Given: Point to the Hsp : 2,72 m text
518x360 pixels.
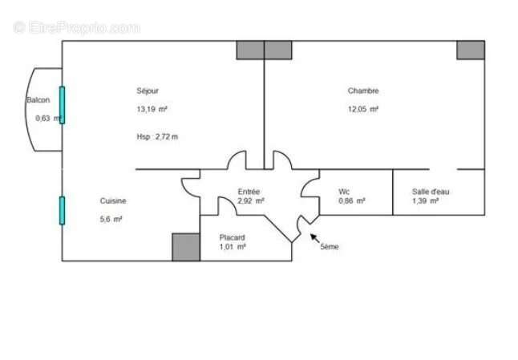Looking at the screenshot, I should click(x=157, y=137).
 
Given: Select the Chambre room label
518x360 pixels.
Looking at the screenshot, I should click(x=362, y=91).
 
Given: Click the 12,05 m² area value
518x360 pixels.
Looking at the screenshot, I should click(x=362, y=109).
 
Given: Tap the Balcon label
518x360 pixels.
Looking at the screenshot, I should click(x=38, y=100).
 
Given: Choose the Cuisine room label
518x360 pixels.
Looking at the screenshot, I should click(x=113, y=201).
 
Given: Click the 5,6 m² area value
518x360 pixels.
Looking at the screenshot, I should click(x=111, y=219).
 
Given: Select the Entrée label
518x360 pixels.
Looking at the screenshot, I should click(x=249, y=192).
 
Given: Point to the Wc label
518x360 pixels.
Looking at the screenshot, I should click(x=344, y=192).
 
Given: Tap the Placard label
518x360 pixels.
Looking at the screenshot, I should click(x=233, y=237).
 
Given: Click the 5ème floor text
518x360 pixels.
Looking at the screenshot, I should click(x=330, y=247).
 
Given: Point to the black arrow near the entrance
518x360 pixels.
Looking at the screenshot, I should click(x=314, y=237).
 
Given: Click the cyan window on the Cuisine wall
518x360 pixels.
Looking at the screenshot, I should click(x=62, y=210).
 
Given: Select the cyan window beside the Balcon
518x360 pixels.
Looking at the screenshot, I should click(x=62, y=105).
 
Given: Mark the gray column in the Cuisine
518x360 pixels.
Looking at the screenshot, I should click(x=186, y=247).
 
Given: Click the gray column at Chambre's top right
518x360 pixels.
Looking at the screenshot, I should click(x=471, y=50).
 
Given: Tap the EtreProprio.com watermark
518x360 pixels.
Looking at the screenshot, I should click(x=77, y=27).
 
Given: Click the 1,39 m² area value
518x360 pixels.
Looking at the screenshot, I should click(x=425, y=201).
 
